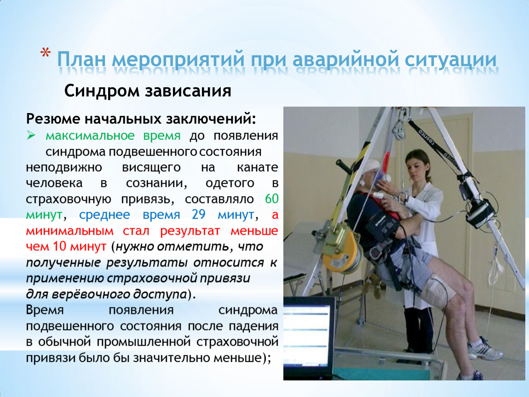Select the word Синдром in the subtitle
point(102,91)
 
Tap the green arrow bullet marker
point(31,136)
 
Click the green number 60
point(271,199)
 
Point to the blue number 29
point(199,215)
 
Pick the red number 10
point(59,246)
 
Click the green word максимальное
point(90,136)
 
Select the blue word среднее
point(104,215)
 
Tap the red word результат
point(190,231)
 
